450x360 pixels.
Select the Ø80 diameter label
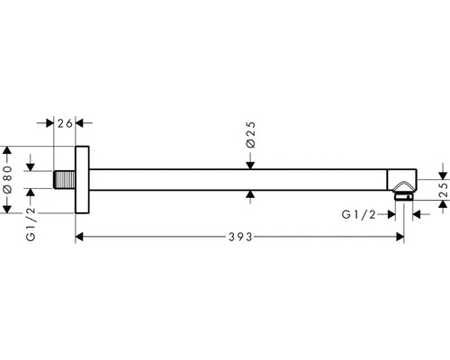tap(8, 178)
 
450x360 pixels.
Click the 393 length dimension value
tap(238, 238)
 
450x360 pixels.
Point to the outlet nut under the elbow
tap(404, 193)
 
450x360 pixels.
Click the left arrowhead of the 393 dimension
tap(81, 238)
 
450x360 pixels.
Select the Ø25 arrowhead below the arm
tap(251, 193)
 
